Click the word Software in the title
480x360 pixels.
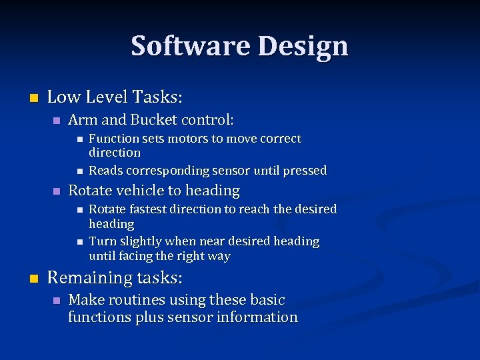[x=191, y=46]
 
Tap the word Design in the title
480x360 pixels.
[x=303, y=46]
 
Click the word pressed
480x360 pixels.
[x=305, y=171]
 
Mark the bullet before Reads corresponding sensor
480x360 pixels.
[x=79, y=171]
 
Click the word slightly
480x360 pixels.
[x=141, y=241]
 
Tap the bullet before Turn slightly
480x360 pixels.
[x=79, y=241]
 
